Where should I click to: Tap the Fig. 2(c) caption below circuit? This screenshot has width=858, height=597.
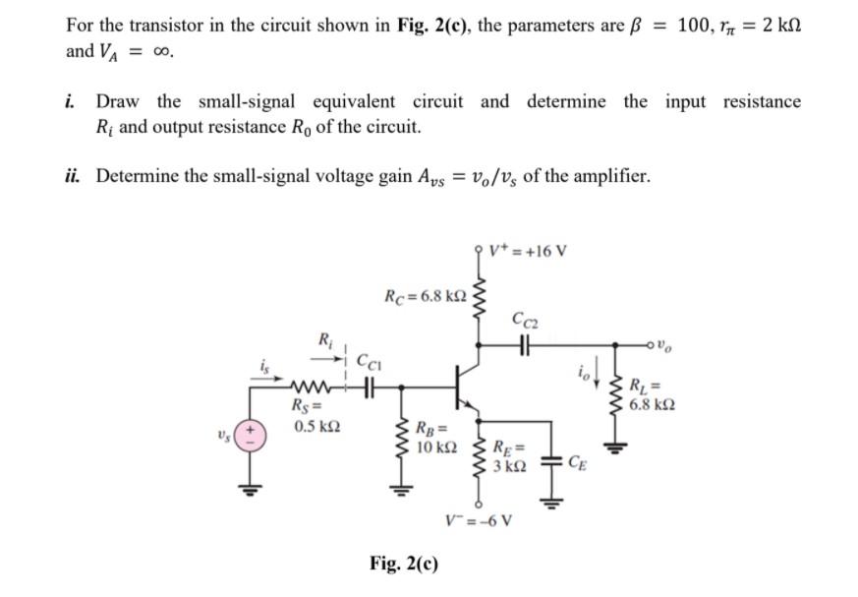pos(404,564)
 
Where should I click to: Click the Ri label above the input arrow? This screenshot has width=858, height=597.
pos(325,340)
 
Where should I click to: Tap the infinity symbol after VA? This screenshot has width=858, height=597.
pos(156,52)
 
